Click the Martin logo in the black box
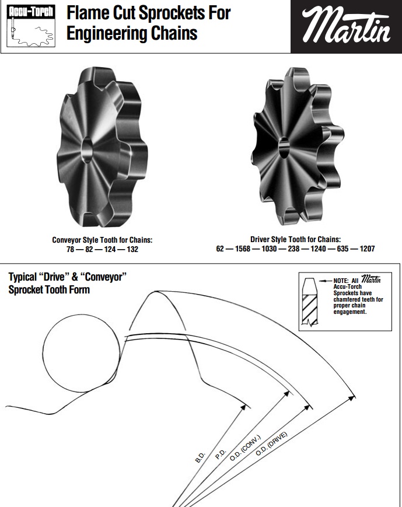click(x=346, y=25)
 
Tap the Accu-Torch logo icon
click(x=31, y=26)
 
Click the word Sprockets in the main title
click(x=172, y=13)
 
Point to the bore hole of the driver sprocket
click(x=284, y=148)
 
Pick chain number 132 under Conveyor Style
click(x=132, y=249)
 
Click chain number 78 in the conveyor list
click(x=71, y=249)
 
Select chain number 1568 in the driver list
click(x=243, y=249)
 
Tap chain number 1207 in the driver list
click(x=367, y=249)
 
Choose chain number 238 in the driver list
click(x=293, y=249)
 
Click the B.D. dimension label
click(x=200, y=457)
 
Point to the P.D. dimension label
click(x=221, y=454)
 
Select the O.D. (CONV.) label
click(x=245, y=448)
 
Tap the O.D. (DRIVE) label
click(x=271, y=443)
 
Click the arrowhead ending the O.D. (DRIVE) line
click(x=352, y=398)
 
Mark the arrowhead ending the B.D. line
click(x=243, y=407)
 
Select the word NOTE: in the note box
click(x=341, y=281)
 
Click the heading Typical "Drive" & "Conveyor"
click(x=67, y=277)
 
